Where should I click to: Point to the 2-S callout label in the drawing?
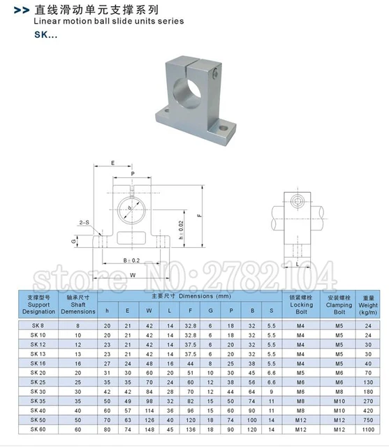(84, 221)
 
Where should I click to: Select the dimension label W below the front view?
(133, 274)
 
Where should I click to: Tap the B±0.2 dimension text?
(132, 259)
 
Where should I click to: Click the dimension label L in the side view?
(298, 265)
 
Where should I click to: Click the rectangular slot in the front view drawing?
(132, 237)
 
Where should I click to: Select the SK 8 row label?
(37, 325)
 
